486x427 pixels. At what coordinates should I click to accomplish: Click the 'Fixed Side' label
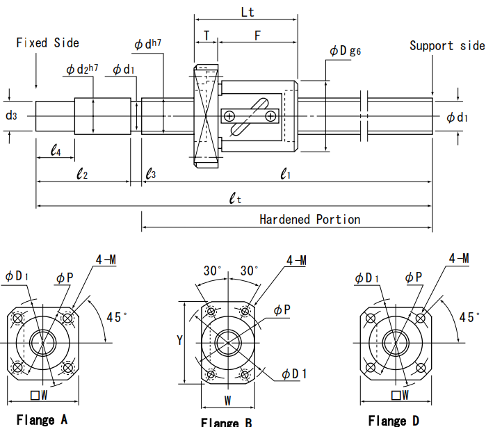(x=47, y=43)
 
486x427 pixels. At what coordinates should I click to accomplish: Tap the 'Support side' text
(x=447, y=46)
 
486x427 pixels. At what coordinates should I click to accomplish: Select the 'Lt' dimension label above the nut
(x=248, y=12)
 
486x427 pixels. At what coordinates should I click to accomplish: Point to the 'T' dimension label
(x=206, y=35)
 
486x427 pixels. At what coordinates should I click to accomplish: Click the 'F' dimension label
(x=257, y=35)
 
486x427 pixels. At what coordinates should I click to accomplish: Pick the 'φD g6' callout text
(x=346, y=51)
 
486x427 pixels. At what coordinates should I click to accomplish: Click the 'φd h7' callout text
(x=148, y=44)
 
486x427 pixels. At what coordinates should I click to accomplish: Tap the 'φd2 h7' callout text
(x=82, y=69)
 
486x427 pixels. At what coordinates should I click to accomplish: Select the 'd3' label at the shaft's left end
(x=11, y=115)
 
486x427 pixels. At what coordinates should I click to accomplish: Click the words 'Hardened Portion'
(x=310, y=220)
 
